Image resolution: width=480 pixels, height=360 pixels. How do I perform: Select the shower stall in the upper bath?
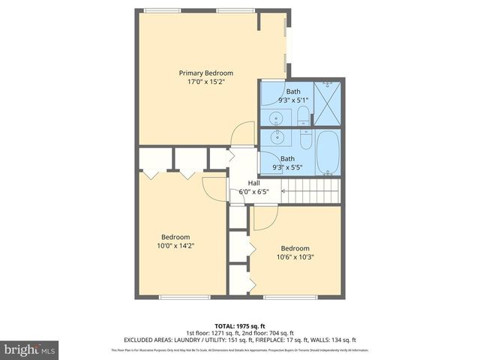tap(327, 102)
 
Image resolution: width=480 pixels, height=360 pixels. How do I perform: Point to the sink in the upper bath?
tap(276, 118)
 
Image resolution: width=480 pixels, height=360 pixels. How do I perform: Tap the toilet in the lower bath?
tap(304, 139)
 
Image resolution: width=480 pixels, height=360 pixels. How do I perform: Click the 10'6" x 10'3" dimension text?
tap(296, 256)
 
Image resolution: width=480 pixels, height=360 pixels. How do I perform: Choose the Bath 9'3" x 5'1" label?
tap(292, 96)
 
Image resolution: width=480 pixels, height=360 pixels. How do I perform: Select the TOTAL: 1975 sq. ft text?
tap(240, 326)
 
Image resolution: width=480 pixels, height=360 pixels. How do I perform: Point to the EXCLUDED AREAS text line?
tap(240, 339)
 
